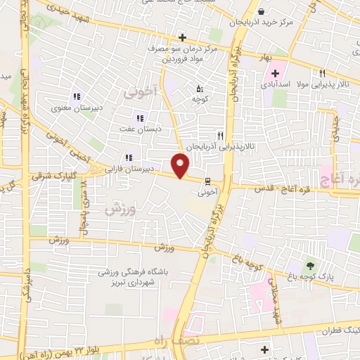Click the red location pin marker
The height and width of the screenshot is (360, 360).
tap(181, 166)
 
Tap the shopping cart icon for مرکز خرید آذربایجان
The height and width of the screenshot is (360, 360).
tap(262, 12)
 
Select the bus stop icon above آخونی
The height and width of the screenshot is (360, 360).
tap(207, 179)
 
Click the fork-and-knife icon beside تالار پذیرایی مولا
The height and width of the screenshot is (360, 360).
tap(323, 73)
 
